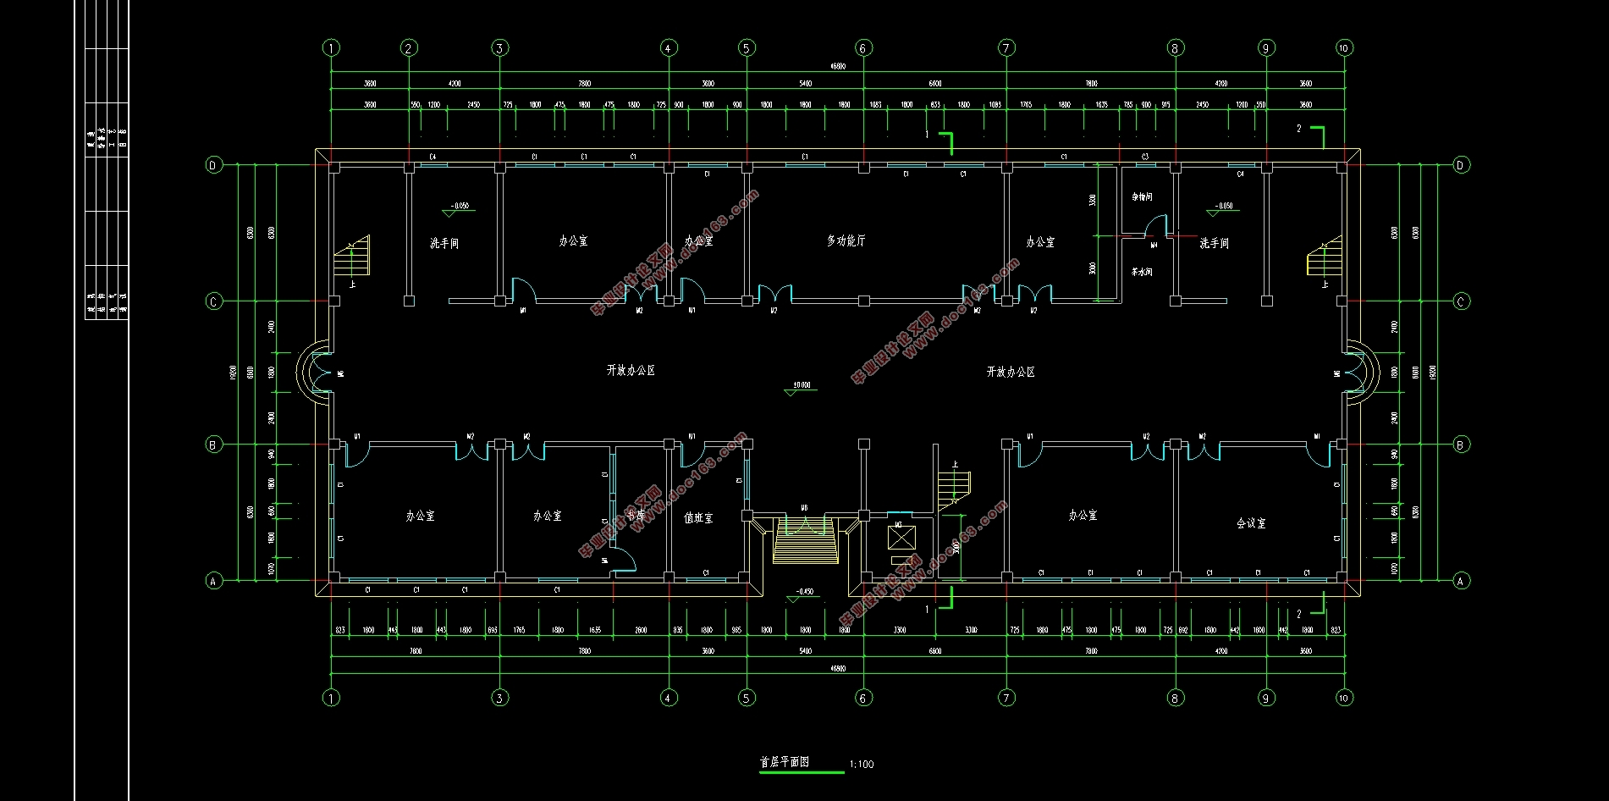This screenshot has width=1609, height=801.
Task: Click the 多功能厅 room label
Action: (846, 241)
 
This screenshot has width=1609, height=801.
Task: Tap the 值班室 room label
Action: (698, 517)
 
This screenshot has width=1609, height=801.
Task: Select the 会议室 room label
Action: (1251, 523)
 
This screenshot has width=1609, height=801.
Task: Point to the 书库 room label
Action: (636, 515)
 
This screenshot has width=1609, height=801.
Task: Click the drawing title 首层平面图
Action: (785, 762)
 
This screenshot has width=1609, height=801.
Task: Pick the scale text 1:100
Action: (860, 764)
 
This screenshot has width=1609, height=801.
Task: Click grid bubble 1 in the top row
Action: (331, 48)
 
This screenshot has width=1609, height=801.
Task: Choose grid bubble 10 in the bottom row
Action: (1344, 698)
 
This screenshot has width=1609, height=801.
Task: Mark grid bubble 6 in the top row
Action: (862, 48)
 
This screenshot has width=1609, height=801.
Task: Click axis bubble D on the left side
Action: (214, 165)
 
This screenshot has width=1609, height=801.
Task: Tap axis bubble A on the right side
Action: (1460, 581)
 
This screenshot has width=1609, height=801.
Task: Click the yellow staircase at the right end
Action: (1324, 257)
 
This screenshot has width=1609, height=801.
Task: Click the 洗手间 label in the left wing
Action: (444, 243)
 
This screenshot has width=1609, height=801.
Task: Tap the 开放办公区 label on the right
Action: (1011, 372)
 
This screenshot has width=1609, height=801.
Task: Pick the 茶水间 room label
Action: (1142, 272)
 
